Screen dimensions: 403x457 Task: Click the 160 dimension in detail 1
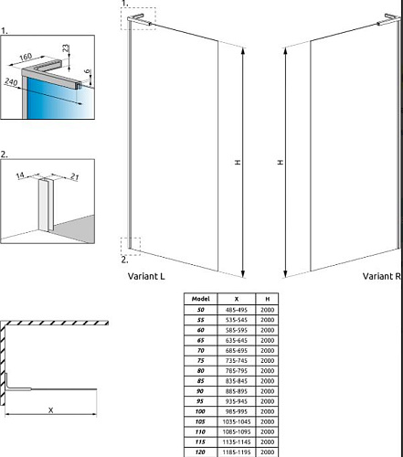pos(26,57)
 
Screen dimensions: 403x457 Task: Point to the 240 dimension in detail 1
pos(11,81)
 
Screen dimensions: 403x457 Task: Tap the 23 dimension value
pos(66,48)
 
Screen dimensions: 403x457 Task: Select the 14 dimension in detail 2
pos(20,175)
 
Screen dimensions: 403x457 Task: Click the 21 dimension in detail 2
pos(75,176)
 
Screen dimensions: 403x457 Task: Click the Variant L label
pos(146,276)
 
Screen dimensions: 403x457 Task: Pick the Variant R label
pos(382,276)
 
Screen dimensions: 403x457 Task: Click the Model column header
pos(201,299)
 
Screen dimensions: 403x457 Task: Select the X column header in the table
pos(237,299)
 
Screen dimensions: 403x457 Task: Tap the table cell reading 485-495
pos(237,310)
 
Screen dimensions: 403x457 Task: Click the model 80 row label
pos(200,371)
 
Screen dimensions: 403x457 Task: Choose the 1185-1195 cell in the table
pos(237,452)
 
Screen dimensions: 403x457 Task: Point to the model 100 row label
pos(200,411)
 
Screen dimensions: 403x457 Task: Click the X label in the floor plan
pos(50,410)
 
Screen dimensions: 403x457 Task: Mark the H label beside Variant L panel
pos(238,162)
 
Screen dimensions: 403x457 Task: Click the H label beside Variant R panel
pos(281,162)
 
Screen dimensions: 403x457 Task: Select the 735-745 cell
pos(237,361)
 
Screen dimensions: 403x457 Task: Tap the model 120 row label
pos(200,452)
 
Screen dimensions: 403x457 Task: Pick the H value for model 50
pos(268,310)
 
